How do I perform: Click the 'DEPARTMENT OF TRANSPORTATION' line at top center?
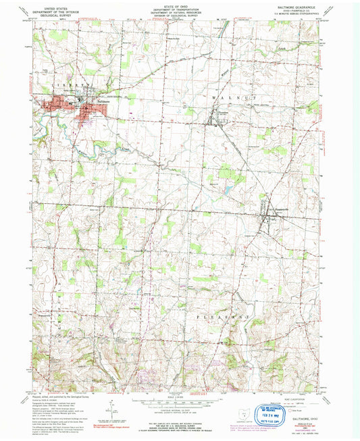click(180, 9)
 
